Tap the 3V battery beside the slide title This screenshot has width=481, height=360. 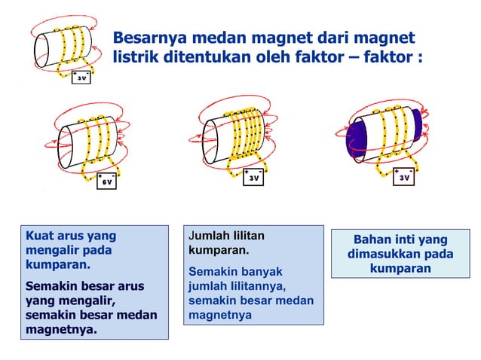(x=81, y=77)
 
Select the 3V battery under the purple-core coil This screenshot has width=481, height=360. (x=404, y=177)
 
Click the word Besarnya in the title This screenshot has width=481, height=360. (x=149, y=38)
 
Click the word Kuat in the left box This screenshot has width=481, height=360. (x=39, y=236)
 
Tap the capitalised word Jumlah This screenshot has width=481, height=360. (x=213, y=236)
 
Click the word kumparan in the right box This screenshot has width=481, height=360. (x=401, y=269)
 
